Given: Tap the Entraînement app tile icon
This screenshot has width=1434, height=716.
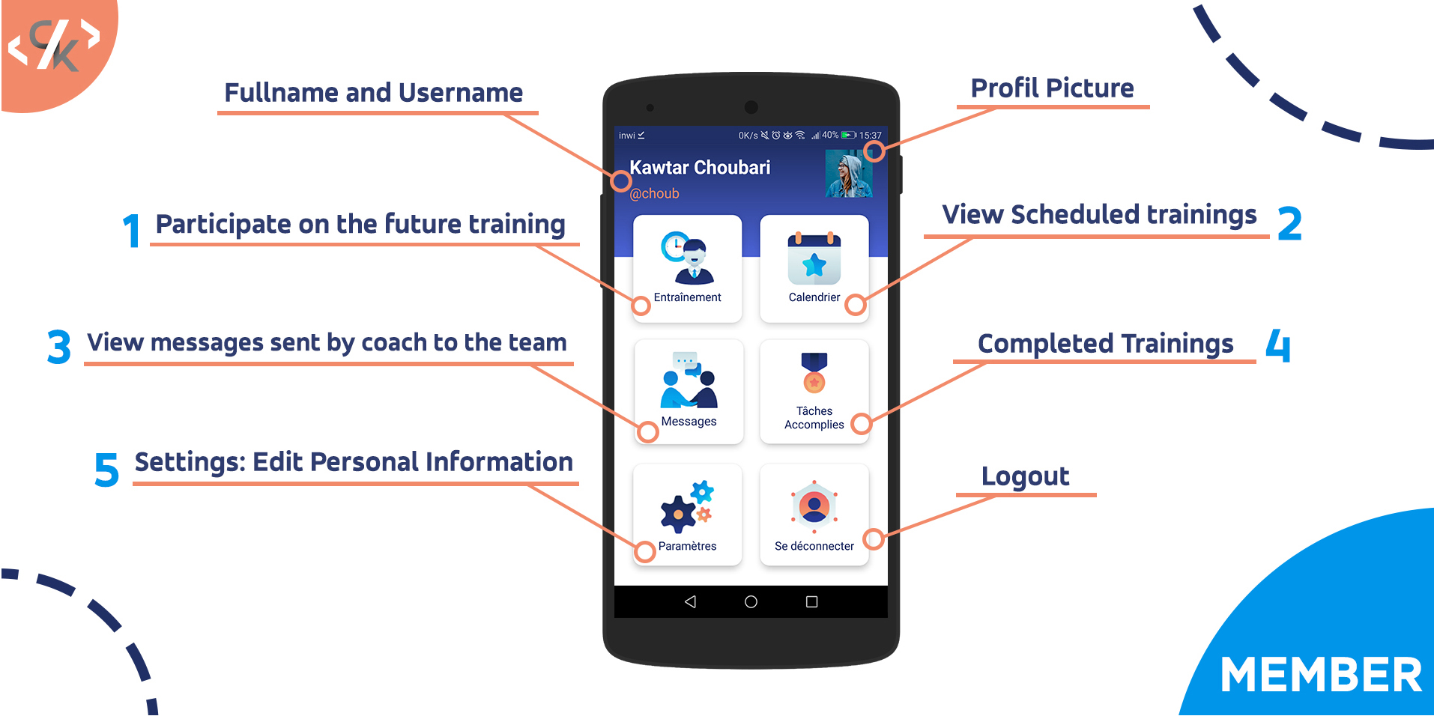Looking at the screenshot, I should click(687, 258).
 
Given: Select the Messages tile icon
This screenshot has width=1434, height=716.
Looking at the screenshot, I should click(689, 380).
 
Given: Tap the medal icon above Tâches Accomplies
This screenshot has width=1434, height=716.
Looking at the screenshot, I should click(814, 373).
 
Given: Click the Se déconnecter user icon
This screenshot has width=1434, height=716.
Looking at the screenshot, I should click(814, 507).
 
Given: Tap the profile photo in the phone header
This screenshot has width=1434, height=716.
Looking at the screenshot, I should click(848, 174).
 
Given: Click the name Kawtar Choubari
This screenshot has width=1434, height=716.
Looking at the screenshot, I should click(700, 167).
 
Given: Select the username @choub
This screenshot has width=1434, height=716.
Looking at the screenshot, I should click(654, 193).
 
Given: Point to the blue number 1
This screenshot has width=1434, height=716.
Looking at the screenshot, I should click(132, 231).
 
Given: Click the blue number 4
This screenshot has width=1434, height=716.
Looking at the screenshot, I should click(1278, 346).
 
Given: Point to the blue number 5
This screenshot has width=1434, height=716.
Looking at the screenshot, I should click(106, 470).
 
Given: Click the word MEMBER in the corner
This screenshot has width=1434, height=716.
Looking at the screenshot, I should click(1320, 675).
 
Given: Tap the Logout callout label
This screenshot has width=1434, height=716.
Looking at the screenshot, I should click(1025, 476).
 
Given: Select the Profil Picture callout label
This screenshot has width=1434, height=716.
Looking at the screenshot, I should click(1052, 88).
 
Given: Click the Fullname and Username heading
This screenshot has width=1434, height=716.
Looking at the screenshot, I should click(373, 93).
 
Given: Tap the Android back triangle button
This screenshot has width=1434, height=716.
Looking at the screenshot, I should click(690, 601).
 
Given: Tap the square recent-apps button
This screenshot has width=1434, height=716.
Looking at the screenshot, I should click(811, 601).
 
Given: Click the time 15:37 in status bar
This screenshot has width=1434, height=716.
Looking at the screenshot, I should click(870, 136).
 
